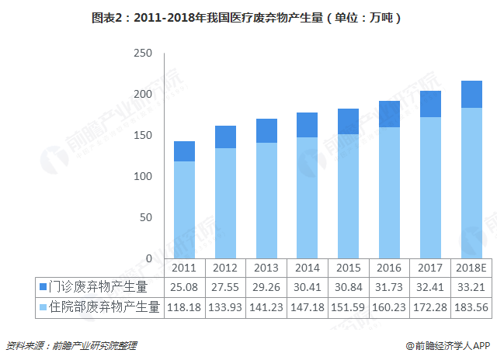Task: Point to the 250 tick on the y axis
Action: tap(142, 54)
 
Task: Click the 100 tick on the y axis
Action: tap(142, 176)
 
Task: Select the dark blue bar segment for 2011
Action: tap(184, 151)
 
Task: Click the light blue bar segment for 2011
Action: tap(184, 209)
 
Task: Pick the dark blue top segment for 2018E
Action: tap(471, 94)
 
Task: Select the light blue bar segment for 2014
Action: tap(307, 198)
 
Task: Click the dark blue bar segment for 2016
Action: tap(389, 114)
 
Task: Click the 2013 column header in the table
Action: tap(266, 268)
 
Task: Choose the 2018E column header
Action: tap(471, 268)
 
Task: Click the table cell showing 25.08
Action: tap(184, 287)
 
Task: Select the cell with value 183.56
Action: tap(471, 307)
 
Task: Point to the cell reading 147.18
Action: tap(307, 307)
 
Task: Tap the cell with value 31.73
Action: tap(389, 287)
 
